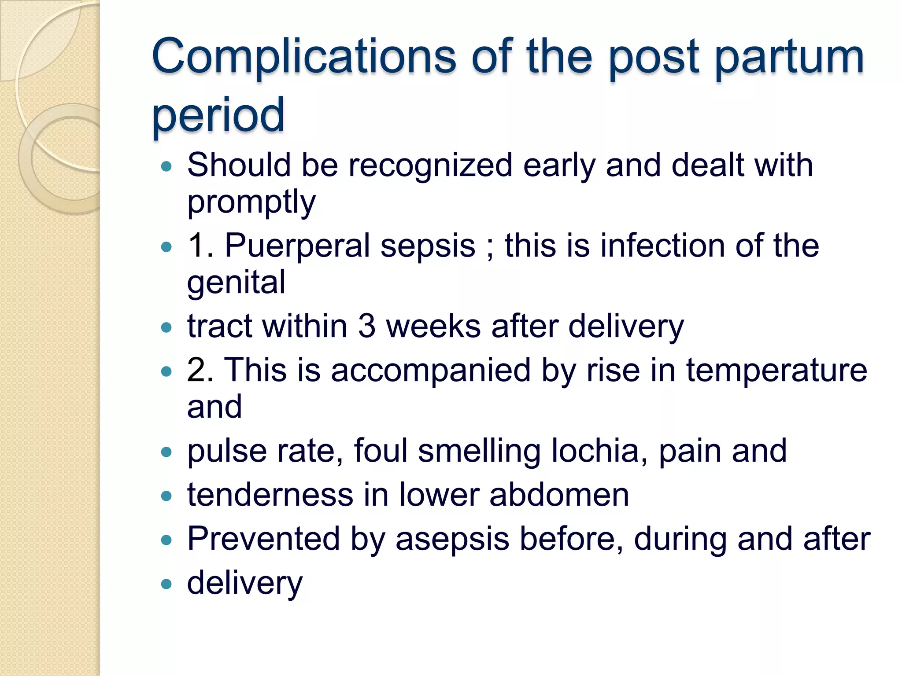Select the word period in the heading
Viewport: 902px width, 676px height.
click(x=218, y=116)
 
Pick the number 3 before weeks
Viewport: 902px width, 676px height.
click(x=366, y=327)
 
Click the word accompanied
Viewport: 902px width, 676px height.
click(x=431, y=371)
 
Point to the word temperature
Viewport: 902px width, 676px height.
click(x=776, y=371)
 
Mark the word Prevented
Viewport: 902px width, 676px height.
click(x=263, y=539)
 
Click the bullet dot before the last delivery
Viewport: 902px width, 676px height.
click(x=166, y=584)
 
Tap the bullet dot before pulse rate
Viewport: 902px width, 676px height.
click(x=166, y=452)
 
